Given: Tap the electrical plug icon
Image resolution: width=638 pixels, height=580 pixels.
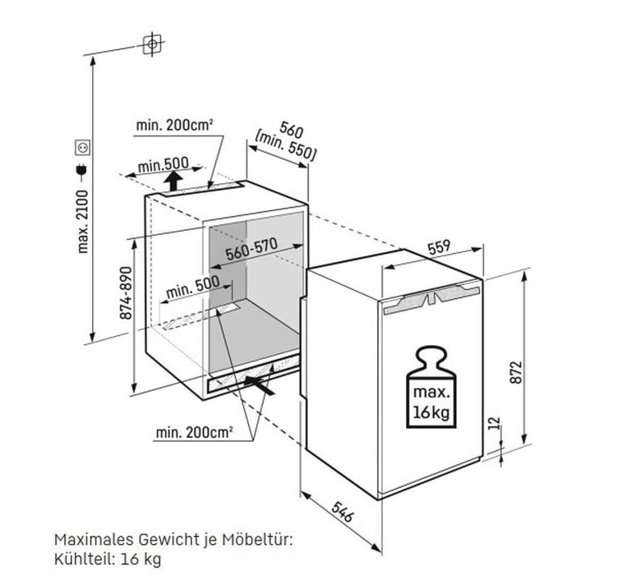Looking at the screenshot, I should (82, 169).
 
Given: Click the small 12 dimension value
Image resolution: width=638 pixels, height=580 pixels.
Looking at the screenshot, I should (494, 423).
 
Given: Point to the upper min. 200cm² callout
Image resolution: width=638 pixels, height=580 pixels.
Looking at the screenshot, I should (174, 125).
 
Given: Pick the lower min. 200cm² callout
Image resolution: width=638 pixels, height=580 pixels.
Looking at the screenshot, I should (194, 433).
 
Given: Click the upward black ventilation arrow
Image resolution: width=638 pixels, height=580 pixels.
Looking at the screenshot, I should (173, 182).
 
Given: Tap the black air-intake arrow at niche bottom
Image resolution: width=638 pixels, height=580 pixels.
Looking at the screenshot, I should (260, 385).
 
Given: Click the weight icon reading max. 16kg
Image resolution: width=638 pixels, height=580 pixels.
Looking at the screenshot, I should (431, 387).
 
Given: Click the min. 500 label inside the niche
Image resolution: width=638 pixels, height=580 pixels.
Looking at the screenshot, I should (192, 286).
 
